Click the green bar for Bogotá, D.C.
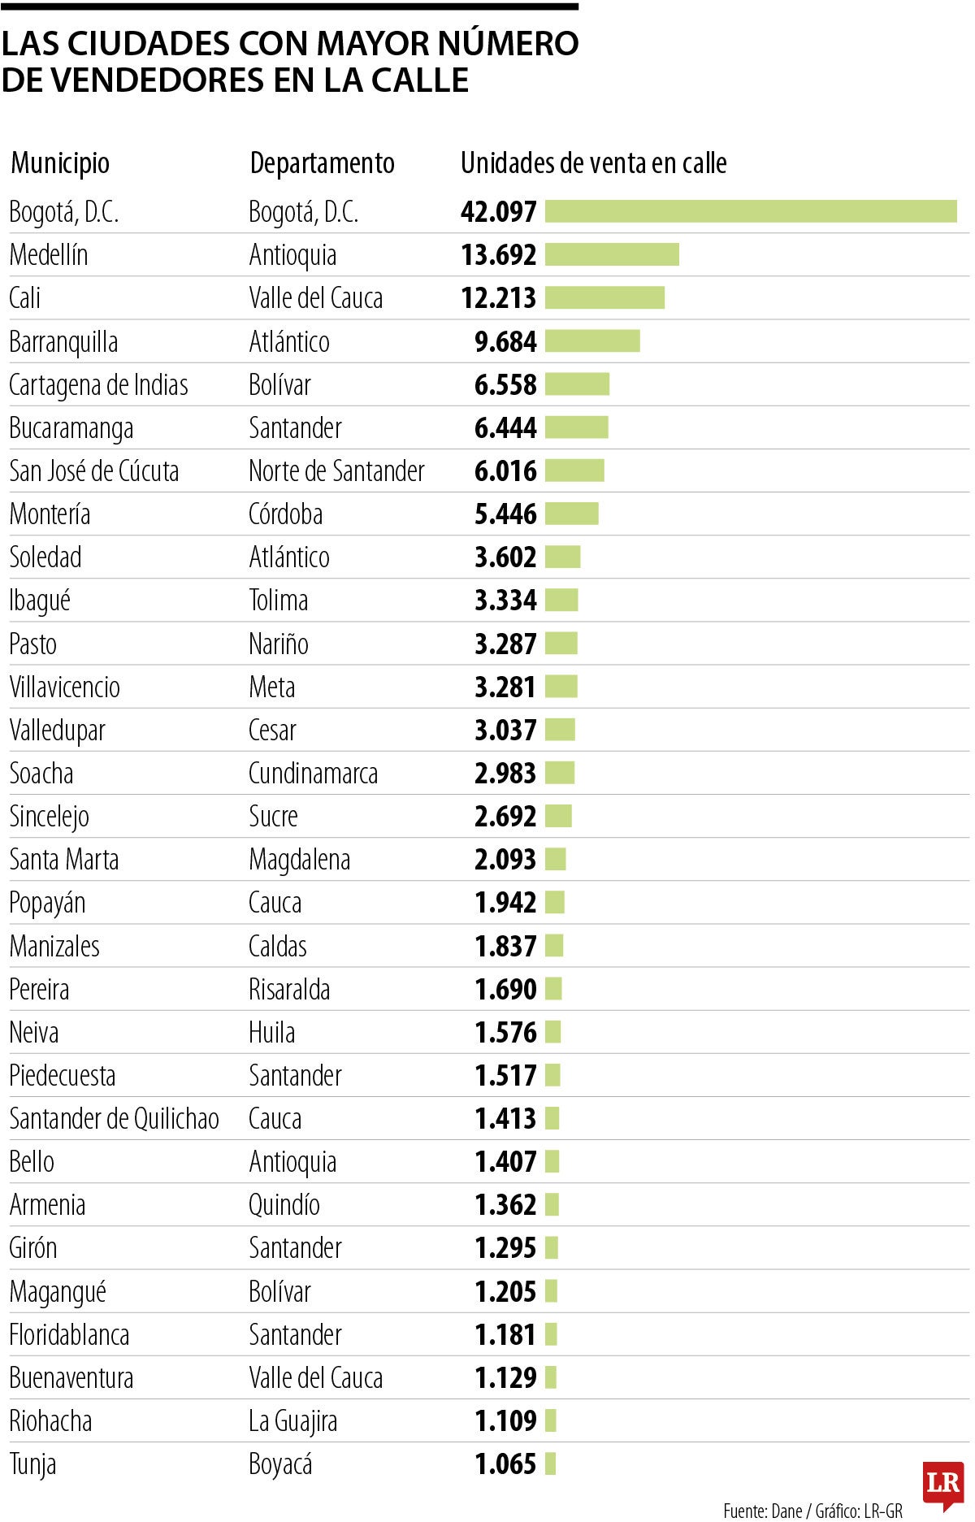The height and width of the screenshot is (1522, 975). point(751,211)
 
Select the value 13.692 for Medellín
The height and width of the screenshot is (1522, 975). point(498,255)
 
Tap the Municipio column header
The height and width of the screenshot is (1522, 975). point(60,163)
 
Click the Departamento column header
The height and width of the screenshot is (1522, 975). point(322,163)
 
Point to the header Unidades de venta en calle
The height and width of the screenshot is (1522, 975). point(593,163)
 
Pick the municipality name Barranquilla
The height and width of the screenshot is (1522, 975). point(63,342)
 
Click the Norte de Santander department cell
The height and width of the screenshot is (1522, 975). point(336,471)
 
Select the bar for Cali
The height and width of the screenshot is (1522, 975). point(604,298)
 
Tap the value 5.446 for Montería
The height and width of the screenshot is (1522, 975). point(505,514)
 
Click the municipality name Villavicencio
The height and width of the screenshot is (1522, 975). point(64,687)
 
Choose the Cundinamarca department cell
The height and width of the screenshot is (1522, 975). point(313,774)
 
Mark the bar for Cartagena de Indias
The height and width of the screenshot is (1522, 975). point(577,384)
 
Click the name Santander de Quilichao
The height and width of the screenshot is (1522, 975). point(114,1119)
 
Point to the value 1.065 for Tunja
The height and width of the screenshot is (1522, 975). point(505,1464)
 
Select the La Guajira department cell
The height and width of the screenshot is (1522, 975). point(292,1421)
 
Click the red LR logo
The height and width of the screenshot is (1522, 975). point(942,1484)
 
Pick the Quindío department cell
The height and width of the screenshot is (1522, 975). point(284,1205)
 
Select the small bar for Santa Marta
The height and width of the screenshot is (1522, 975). point(555,860)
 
